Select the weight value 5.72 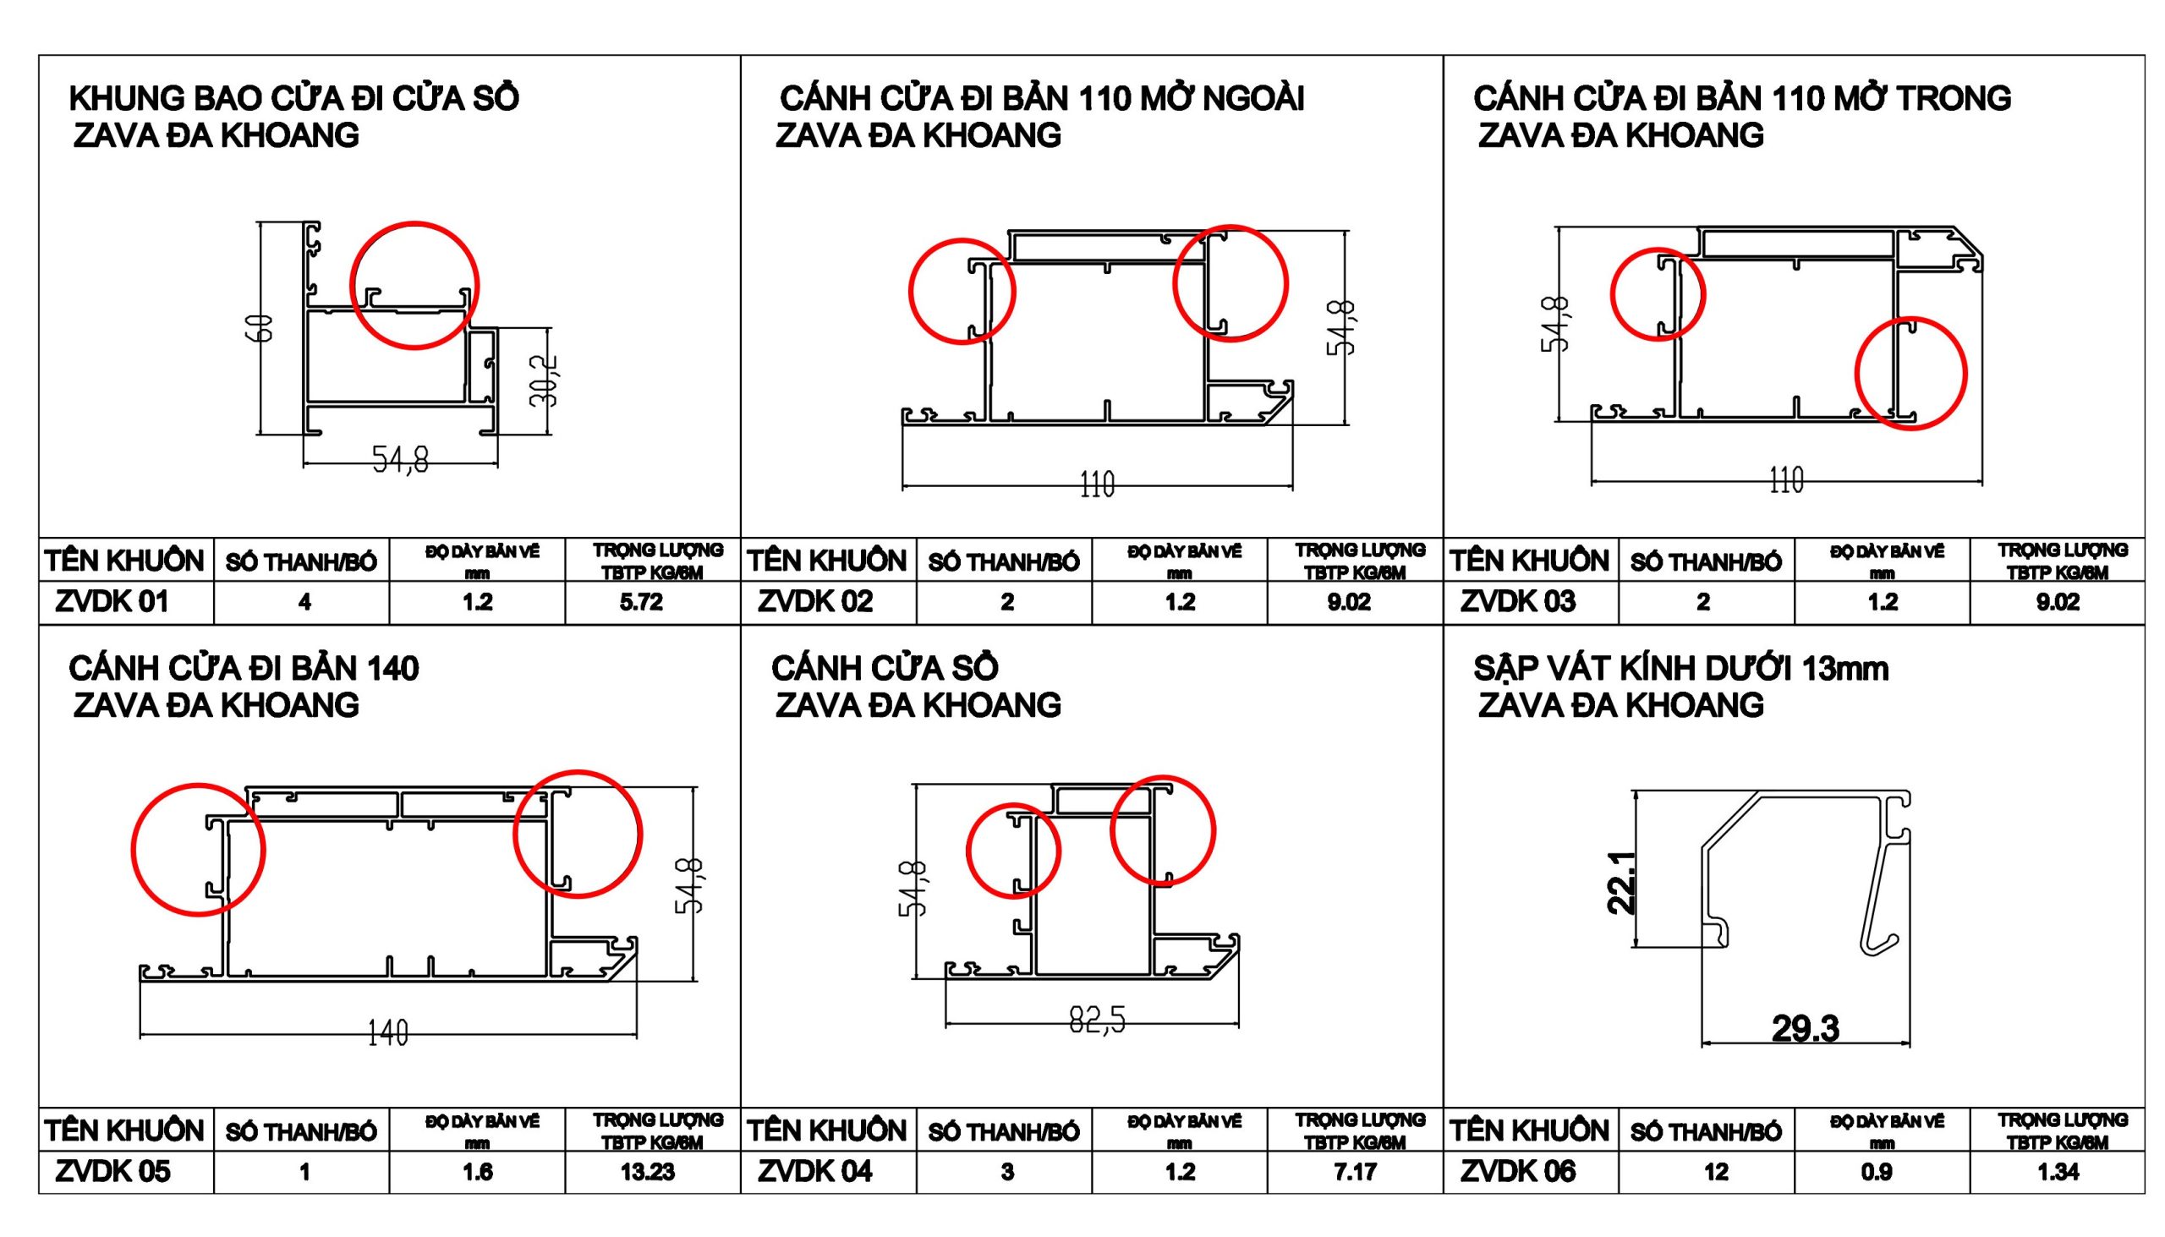tap(642, 602)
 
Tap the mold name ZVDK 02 tap(815, 601)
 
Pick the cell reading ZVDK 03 tap(1517, 601)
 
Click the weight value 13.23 tap(648, 1173)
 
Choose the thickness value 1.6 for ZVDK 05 tap(478, 1173)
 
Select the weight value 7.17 tap(1356, 1173)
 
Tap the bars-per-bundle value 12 tap(1716, 1173)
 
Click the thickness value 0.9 tap(1876, 1173)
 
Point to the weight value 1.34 tap(2058, 1173)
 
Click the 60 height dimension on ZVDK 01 tap(265, 328)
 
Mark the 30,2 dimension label tap(544, 380)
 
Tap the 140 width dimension tap(387, 1033)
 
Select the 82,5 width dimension tap(1097, 1020)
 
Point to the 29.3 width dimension tap(1806, 1029)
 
